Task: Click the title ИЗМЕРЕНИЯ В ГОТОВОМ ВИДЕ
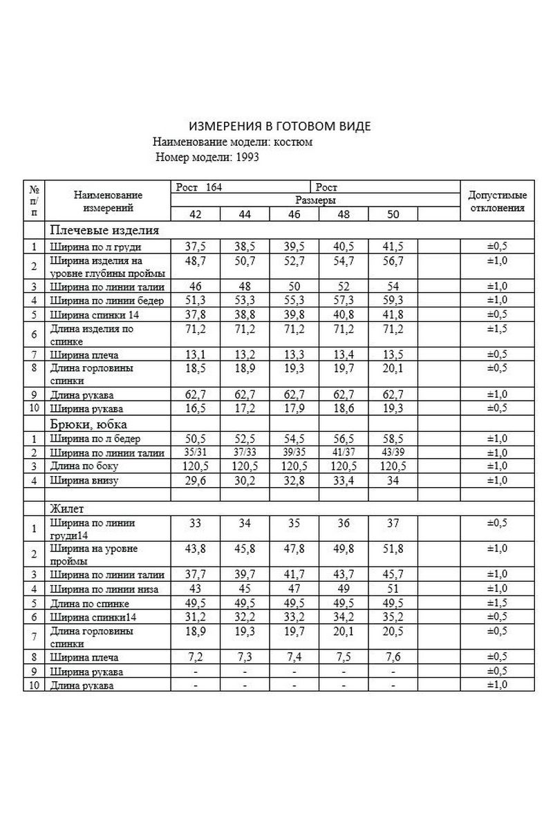click(280, 126)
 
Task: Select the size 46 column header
click(294, 214)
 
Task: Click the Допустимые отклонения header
click(498, 201)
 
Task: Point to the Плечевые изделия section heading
click(103, 231)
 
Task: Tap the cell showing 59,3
click(393, 300)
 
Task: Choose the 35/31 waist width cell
click(195, 452)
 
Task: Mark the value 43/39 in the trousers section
click(393, 452)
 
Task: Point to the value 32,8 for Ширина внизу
click(294, 480)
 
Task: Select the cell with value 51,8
click(393, 549)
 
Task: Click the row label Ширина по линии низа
click(104, 589)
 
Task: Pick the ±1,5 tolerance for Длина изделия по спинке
click(498, 327)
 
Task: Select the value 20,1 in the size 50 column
click(393, 367)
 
